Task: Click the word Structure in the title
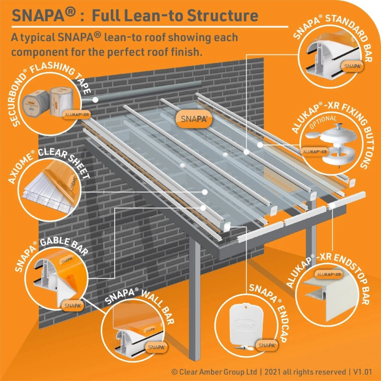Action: tap(223, 15)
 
